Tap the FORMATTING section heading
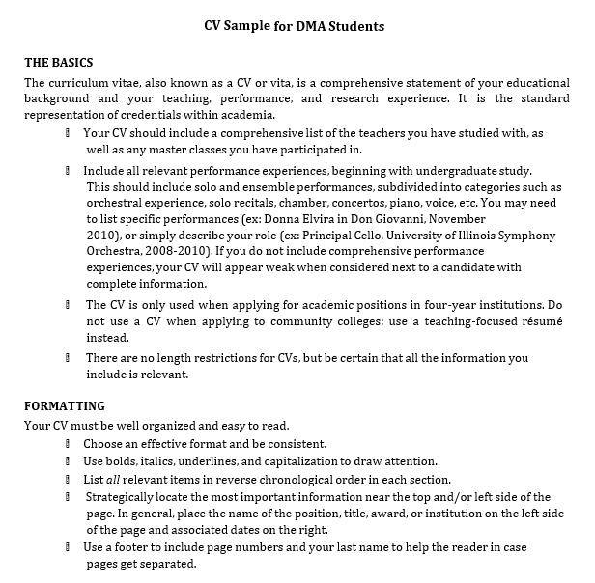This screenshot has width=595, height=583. tap(64, 405)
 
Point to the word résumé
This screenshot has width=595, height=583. tap(539, 320)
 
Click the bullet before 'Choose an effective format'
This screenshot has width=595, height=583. tap(69, 444)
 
